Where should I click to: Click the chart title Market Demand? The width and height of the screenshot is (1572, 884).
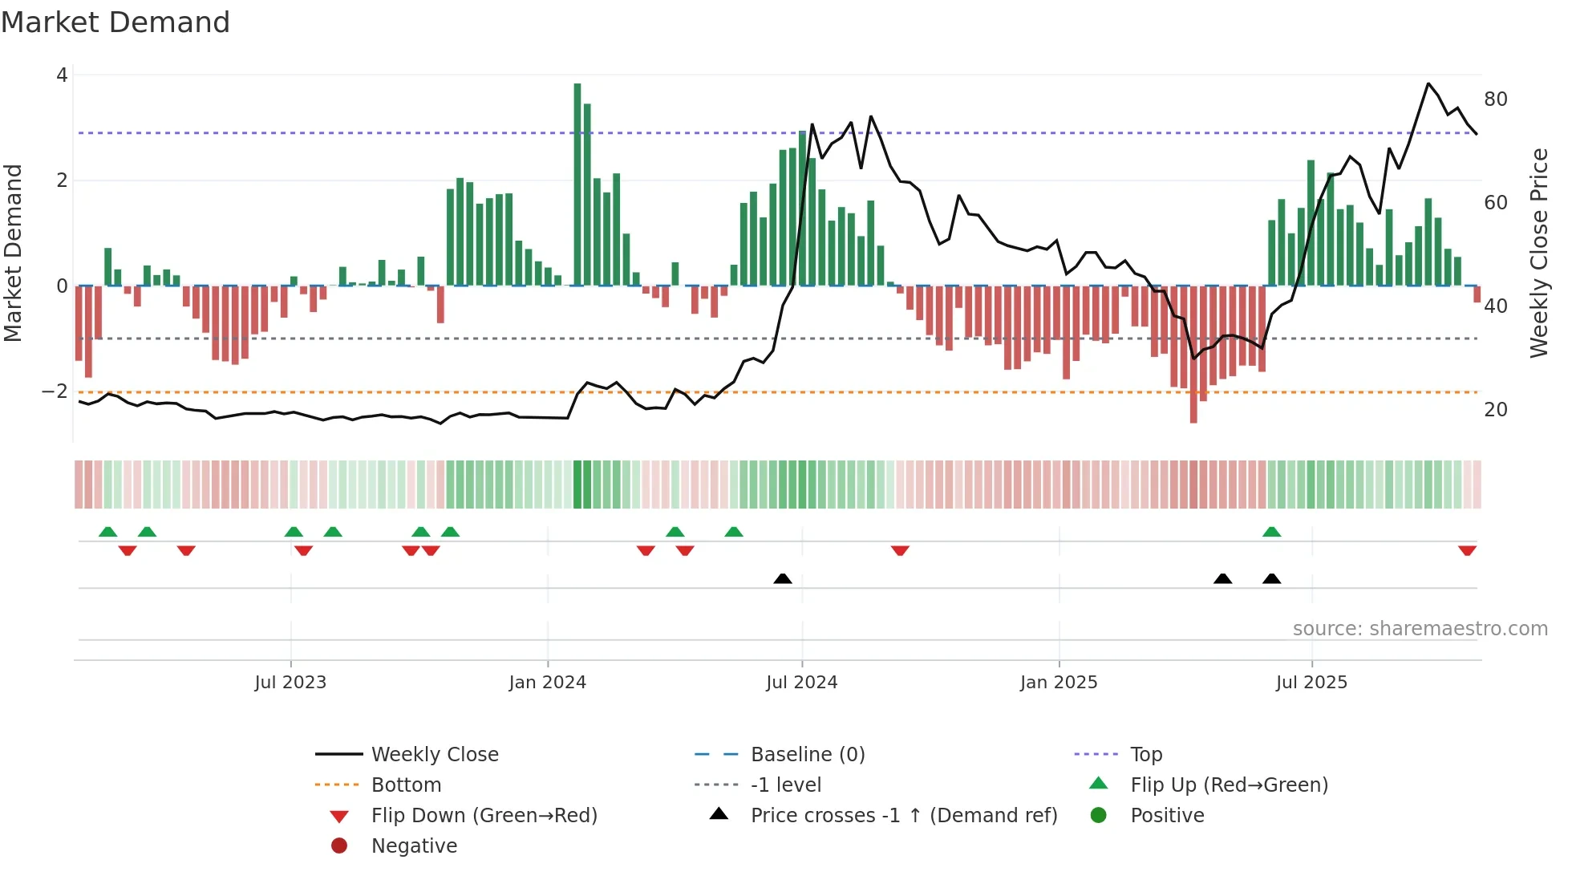pyautogui.click(x=115, y=22)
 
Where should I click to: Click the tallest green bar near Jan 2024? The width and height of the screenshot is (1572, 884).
pyautogui.click(x=577, y=185)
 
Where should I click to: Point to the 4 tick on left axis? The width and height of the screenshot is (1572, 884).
pyautogui.click(x=62, y=75)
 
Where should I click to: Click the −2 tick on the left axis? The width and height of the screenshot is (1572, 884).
pyautogui.click(x=55, y=391)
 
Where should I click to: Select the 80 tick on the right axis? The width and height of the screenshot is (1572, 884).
pyautogui.click(x=1496, y=99)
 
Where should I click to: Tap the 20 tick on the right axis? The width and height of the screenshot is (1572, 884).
pyautogui.click(x=1496, y=410)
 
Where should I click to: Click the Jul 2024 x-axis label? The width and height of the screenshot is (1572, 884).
pyautogui.click(x=801, y=683)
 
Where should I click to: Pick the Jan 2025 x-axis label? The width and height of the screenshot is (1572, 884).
pyautogui.click(x=1059, y=683)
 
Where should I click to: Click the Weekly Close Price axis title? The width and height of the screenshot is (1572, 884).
pyautogui.click(x=1538, y=253)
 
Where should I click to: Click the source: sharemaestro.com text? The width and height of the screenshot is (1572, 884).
pyautogui.click(x=1420, y=629)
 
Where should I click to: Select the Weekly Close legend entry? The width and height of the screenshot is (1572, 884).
pyautogui.click(x=435, y=755)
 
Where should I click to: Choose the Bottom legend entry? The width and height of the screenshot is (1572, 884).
pyautogui.click(x=406, y=785)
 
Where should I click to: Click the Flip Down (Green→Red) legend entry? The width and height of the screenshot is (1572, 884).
pyautogui.click(x=484, y=816)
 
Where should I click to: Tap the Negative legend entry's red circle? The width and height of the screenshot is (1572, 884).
pyautogui.click(x=339, y=846)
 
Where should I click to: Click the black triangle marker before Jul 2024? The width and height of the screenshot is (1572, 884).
pyautogui.click(x=783, y=578)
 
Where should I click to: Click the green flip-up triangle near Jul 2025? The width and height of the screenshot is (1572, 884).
pyautogui.click(x=1271, y=532)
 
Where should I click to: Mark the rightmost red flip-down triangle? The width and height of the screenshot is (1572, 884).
pyautogui.click(x=1468, y=551)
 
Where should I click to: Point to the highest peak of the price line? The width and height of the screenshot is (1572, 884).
pyautogui.click(x=1428, y=83)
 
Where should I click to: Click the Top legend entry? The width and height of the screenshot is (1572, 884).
pyautogui.click(x=1146, y=755)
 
